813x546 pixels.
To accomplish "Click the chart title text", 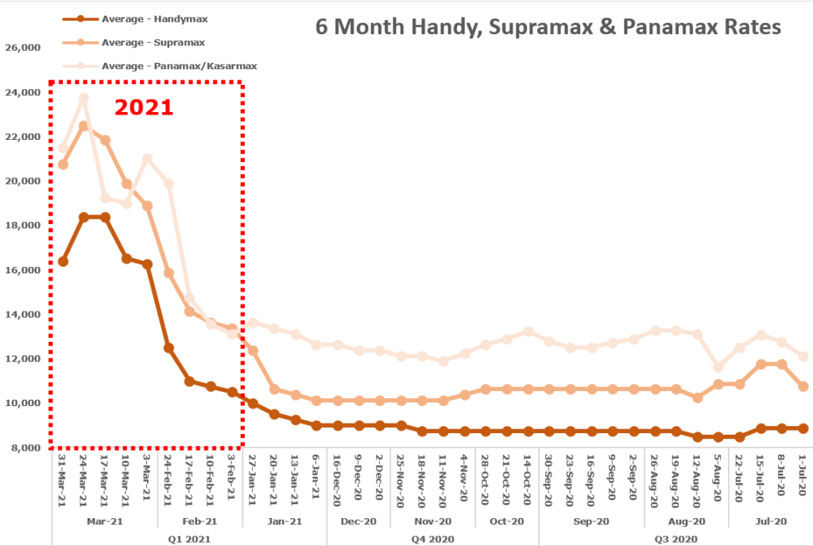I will tap(548, 26).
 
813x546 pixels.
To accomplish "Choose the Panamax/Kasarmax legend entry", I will tap(167, 65).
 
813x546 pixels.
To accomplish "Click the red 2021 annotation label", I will tap(144, 106).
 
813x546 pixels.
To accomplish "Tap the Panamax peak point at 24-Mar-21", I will tap(83, 99).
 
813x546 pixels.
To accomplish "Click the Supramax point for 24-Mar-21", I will tap(83, 126).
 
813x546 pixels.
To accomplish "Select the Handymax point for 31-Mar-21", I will tap(63, 261).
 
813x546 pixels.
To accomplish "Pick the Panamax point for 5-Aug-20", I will tap(718, 367).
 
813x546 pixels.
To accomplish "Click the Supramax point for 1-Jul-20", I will tap(803, 386).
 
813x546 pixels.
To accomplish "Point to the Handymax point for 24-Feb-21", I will tap(168, 348).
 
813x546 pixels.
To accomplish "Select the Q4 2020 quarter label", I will tap(432, 539).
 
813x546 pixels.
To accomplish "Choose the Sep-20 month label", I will tap(591, 521).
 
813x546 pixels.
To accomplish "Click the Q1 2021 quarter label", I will tap(189, 539).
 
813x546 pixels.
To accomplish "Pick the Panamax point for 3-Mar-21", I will tap(147, 159).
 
